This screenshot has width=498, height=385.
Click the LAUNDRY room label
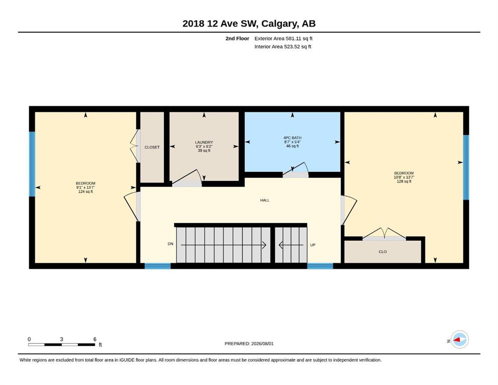coord(204,142)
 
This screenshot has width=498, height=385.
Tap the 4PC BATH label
coord(292,138)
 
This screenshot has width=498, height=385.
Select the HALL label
coord(265,201)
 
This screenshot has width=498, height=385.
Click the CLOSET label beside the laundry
coord(152,147)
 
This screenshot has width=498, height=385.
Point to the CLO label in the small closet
coord(383,252)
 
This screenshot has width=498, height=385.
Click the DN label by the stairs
coord(171,244)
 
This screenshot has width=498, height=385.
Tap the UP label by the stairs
coord(313,245)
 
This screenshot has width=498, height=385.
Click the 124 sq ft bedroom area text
coord(85,191)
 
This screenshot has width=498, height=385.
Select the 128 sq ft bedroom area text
coord(404,181)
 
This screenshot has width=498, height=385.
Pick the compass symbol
coord(459,340)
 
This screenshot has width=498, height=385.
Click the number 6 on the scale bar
coord(95,339)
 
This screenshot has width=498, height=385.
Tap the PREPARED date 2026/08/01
coord(262,343)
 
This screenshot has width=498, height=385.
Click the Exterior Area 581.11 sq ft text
coord(283,39)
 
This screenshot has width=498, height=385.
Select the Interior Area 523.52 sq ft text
coord(283,47)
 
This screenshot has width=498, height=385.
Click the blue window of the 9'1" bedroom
coord(32,164)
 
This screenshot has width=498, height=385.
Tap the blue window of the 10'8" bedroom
coord(466,167)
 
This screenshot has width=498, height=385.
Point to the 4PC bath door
coord(295,170)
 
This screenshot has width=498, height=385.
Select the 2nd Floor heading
coord(237,39)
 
